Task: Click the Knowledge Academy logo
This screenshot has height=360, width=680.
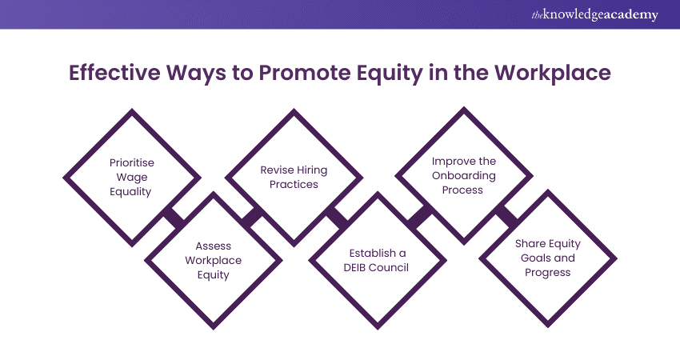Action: (594, 14)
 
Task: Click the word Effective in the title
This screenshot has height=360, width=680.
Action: (114, 73)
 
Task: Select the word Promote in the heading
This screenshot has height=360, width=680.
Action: (305, 73)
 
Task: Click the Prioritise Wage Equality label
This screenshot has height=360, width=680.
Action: (131, 177)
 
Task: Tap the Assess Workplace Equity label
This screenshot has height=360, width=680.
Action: (213, 260)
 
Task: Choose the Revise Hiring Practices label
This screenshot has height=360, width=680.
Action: (294, 177)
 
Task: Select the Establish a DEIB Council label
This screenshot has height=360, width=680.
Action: (377, 260)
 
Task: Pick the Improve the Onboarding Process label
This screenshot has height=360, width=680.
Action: (463, 175)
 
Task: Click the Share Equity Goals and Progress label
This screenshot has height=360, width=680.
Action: (548, 258)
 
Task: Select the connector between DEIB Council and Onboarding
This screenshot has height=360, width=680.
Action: (420, 217)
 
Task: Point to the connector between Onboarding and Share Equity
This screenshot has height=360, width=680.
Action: (506, 217)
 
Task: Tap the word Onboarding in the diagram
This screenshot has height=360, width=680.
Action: (463, 176)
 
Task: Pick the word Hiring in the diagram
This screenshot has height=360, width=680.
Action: (313, 170)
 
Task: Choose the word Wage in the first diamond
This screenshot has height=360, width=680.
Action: (131, 178)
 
